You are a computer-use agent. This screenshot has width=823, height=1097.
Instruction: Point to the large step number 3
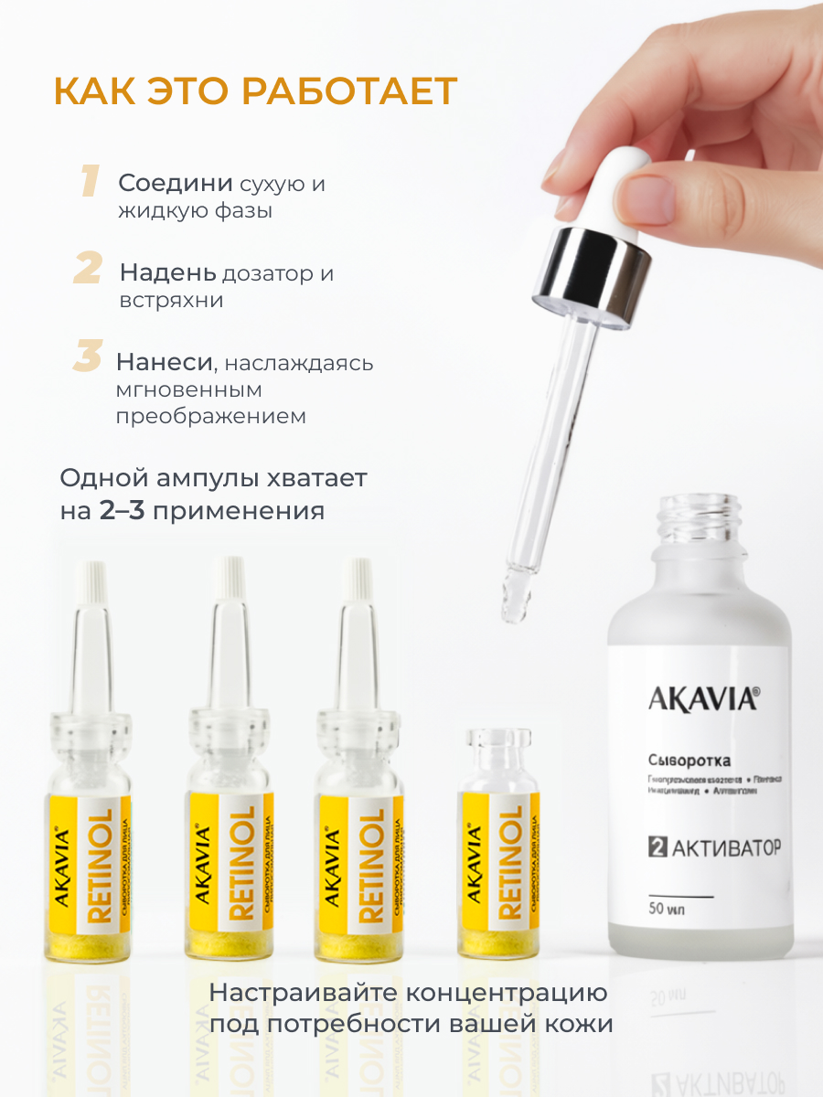(87, 357)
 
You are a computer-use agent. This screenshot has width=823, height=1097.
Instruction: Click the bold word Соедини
(176, 184)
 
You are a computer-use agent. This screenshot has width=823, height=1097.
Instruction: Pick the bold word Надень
(168, 273)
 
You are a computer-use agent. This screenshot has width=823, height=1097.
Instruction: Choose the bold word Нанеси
(164, 362)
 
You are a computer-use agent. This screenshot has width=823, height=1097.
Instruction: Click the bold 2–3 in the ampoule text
(122, 510)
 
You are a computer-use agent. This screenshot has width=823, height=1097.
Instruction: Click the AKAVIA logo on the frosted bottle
(702, 699)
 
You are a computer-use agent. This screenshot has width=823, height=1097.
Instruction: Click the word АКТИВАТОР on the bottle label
(726, 847)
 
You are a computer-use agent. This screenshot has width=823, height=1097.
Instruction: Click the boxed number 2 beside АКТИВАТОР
(656, 847)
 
